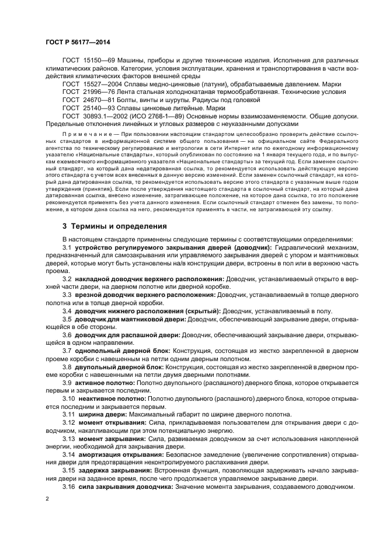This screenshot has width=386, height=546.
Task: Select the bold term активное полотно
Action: point(105,383)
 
